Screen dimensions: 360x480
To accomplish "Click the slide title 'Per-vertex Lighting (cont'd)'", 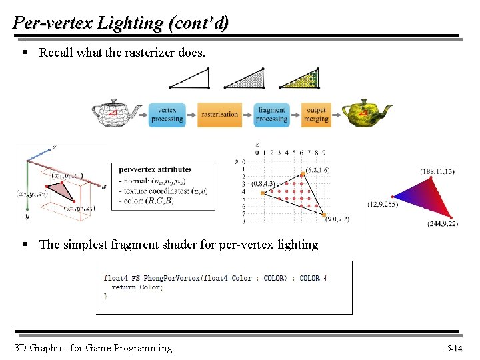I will [x=121, y=23].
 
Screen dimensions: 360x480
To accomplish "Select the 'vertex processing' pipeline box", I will [x=167, y=114].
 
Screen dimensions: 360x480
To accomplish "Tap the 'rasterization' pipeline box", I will [x=219, y=114].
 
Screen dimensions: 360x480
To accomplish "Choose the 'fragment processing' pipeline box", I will [x=271, y=114].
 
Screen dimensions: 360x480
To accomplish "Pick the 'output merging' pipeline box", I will [x=316, y=114].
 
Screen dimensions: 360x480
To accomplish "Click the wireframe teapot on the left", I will [x=116, y=113].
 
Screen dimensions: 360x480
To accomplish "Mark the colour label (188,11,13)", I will [x=437, y=171].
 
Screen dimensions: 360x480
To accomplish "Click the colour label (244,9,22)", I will [x=442, y=223].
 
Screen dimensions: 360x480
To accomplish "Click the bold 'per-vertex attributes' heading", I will [x=155, y=169].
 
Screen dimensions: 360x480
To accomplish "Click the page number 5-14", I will [x=455, y=348].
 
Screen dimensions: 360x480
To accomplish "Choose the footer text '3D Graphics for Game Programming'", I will [x=93, y=347].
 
